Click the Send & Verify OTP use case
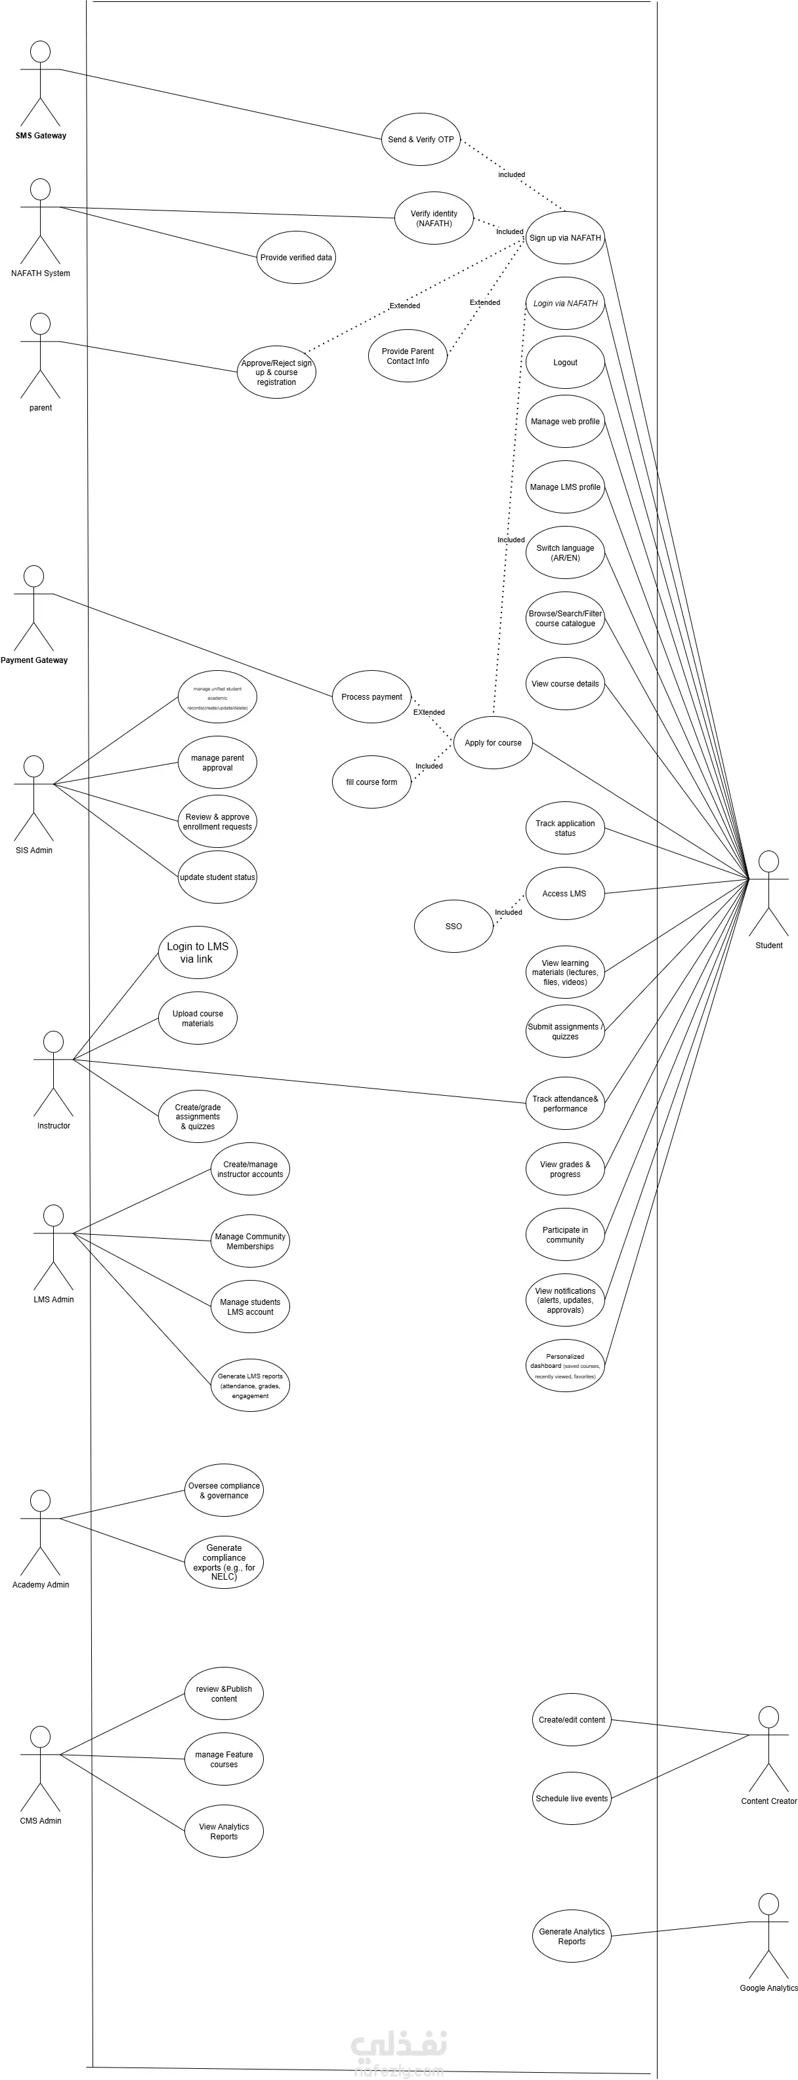[x=420, y=140]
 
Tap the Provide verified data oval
[x=295, y=258]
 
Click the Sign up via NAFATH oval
[x=564, y=238]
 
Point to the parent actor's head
[x=39, y=324]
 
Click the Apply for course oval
[x=493, y=743]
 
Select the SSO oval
[x=453, y=926]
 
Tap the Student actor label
[x=768, y=946]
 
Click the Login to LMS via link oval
[x=197, y=953]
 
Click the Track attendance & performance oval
[x=564, y=1104]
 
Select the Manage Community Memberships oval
[x=249, y=1241]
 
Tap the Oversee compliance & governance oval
[x=224, y=1490]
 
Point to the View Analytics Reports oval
[x=224, y=1831]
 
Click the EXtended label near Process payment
[x=429, y=712]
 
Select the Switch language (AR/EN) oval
[x=564, y=553]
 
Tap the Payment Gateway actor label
[x=34, y=660]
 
